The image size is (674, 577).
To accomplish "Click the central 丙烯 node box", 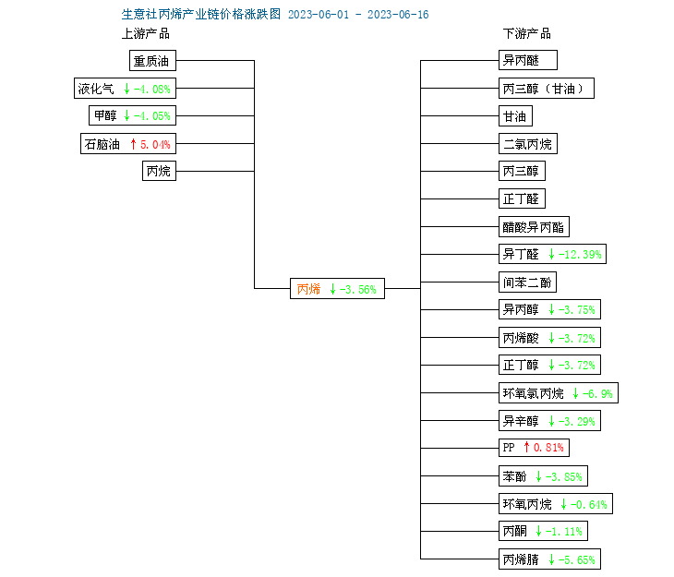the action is (337, 288).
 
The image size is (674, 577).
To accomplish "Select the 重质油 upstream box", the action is (152, 61).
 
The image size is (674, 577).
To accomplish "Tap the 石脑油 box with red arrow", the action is (128, 144).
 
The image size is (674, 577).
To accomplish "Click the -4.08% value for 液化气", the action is (151, 89).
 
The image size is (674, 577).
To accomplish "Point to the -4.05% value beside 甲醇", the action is (151, 115).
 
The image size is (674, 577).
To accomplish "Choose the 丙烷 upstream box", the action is (159, 171).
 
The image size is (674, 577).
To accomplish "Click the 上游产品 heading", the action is (146, 33).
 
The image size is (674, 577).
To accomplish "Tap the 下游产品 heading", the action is (527, 33).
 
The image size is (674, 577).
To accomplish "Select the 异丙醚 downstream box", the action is (528, 60).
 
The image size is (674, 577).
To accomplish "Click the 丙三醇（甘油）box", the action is (547, 88).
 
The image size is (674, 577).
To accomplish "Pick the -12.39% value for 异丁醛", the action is (580, 255).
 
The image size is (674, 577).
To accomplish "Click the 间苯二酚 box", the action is (527, 282).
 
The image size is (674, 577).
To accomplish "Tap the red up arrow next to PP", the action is (526, 447).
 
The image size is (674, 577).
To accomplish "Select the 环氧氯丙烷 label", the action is (533, 393).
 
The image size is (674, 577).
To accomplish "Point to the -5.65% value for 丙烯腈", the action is (576, 559).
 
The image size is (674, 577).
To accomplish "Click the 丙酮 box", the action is (543, 531).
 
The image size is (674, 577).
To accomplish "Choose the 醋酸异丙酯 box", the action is (534, 226).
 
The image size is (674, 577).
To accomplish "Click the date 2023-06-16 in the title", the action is (398, 15).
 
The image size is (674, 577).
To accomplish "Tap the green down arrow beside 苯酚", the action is (538, 476).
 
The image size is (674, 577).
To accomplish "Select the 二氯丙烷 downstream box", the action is (528, 144).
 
